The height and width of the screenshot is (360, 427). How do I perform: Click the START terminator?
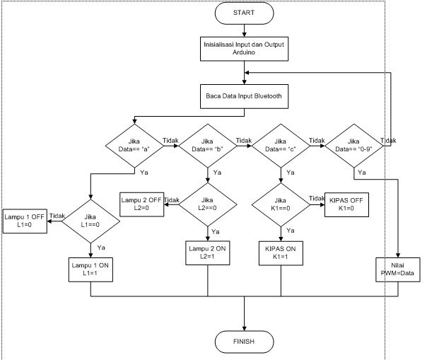[244, 13]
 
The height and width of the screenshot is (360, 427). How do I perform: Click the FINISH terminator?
[244, 342]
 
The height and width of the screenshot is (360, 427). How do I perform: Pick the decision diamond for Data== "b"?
[208, 146]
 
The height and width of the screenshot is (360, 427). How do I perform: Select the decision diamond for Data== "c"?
[281, 146]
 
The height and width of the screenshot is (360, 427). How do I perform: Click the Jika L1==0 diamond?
[92, 222]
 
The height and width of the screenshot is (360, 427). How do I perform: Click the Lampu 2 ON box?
[208, 253]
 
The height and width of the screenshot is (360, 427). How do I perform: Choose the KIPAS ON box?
[281, 253]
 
